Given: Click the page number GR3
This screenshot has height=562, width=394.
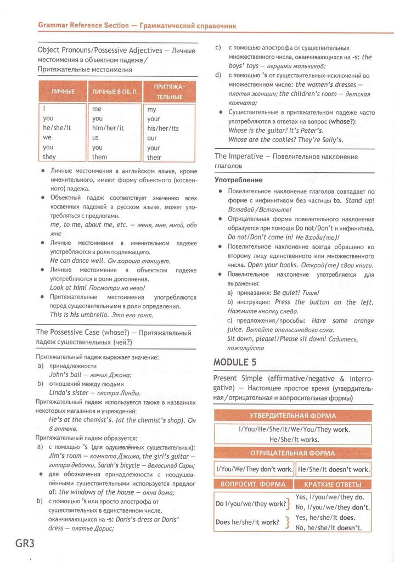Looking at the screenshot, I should point(22,543).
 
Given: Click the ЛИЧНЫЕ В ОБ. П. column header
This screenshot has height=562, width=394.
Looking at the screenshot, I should point(114,90).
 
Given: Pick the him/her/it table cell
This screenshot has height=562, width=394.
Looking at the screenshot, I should point(108,128).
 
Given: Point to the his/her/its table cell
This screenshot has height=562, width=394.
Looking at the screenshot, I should point(163,128).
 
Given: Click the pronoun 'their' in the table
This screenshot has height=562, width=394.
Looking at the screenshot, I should point(154,158).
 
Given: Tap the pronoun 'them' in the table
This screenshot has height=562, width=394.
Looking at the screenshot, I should point(100,157).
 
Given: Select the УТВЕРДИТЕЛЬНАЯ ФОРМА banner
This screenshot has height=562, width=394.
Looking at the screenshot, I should point(292,415).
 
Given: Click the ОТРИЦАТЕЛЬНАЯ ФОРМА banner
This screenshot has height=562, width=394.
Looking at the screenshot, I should point(292,453).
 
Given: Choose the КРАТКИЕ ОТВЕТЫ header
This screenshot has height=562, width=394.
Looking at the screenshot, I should point(333,484).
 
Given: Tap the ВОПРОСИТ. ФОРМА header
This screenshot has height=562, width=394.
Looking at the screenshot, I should point(253,484).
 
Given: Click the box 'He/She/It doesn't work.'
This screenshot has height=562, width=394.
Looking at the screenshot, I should point(333,469).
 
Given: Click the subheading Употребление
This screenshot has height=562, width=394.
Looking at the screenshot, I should point(238,179).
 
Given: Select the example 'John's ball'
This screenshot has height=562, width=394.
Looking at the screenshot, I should point(65,375).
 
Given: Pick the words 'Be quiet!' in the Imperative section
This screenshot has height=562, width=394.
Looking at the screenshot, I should point(289,293).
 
